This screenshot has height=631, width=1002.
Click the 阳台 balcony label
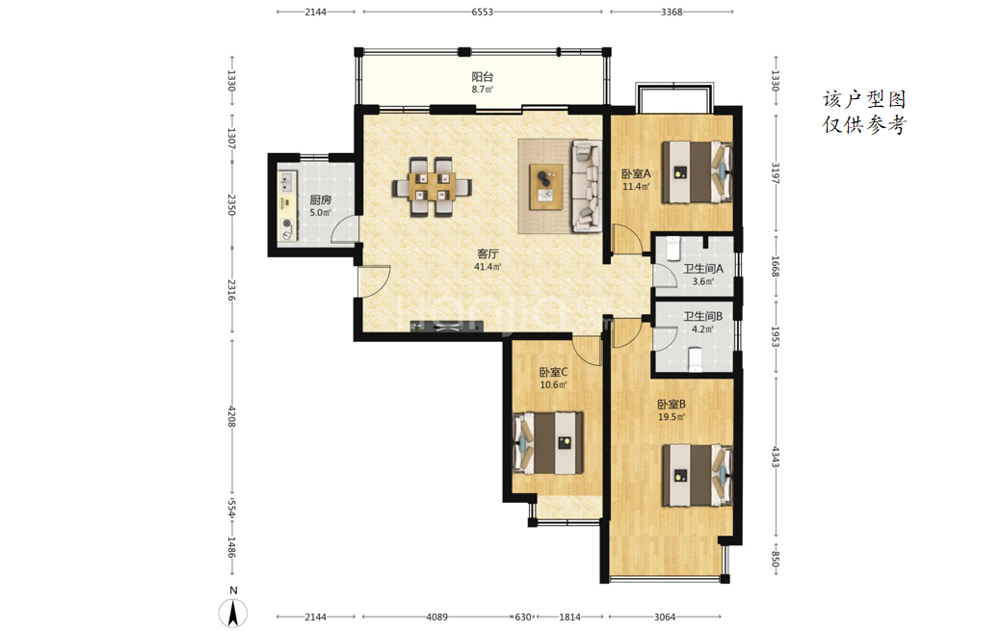[x=483, y=77]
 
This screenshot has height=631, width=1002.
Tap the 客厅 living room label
[x=488, y=254]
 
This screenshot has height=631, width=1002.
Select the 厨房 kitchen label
[x=321, y=200]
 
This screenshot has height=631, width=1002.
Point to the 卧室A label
[x=636, y=173]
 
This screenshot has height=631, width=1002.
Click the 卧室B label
[x=672, y=405]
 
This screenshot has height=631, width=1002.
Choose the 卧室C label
[x=553, y=373]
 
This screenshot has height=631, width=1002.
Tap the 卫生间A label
[x=703, y=269]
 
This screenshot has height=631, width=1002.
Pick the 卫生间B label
[x=703, y=317]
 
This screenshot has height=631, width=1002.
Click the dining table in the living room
[x=432, y=187]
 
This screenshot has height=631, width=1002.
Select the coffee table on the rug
[x=546, y=187]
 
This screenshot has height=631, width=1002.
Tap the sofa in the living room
[x=587, y=186]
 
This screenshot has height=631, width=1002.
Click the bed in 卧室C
[x=548, y=443]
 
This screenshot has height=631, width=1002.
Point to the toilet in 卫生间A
[x=673, y=249]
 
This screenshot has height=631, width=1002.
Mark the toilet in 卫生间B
[x=696, y=359]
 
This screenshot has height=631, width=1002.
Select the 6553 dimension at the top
[x=483, y=12]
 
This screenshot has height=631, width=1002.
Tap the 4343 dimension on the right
[x=776, y=457]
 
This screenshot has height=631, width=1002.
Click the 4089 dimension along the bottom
[x=437, y=617]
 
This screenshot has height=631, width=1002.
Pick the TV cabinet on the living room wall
[x=447, y=327]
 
